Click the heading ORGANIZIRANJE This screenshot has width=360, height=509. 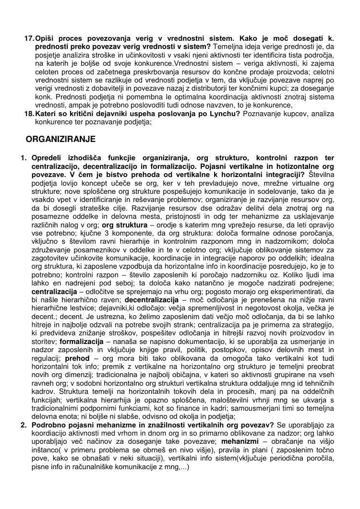pos(60,140)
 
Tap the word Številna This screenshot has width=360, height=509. pos(321,175)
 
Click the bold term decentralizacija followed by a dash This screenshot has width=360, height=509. pos(148,301)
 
